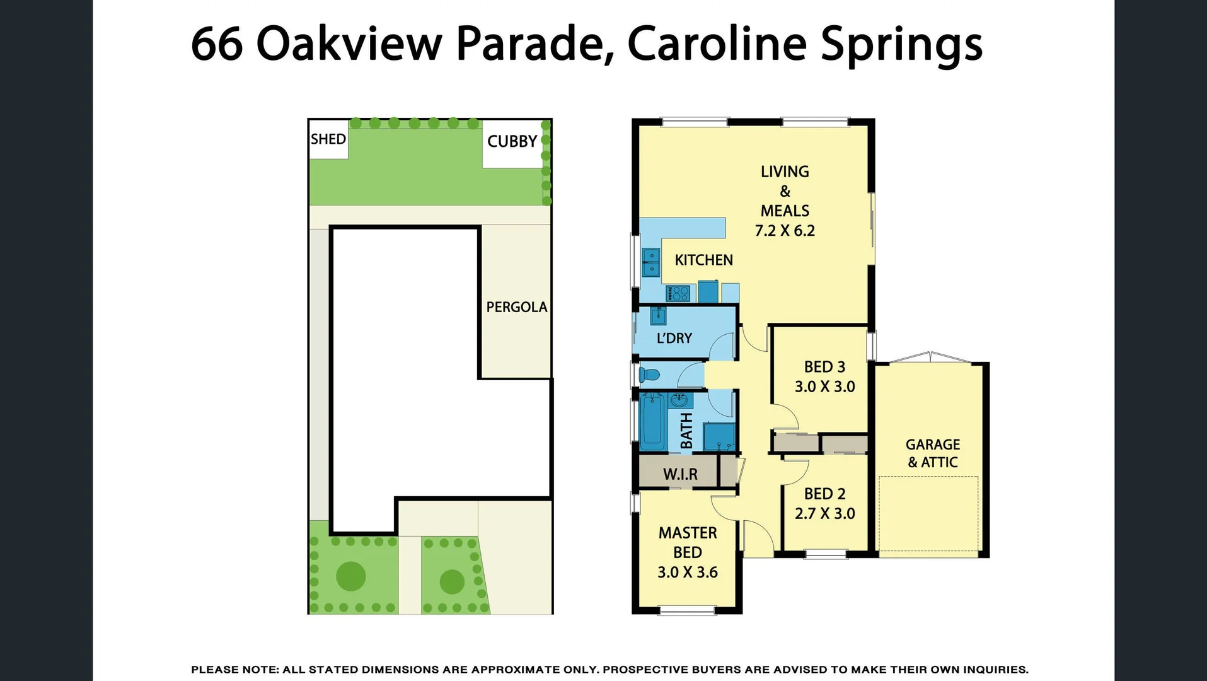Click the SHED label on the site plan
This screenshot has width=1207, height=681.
(328, 139)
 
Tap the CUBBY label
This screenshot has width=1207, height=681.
(512, 141)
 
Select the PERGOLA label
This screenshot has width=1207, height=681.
(516, 307)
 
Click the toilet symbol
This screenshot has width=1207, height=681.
(649, 375)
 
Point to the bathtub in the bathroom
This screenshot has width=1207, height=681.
(652, 421)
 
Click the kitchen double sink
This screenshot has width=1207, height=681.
(650, 262)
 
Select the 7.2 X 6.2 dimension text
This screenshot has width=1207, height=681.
(785, 231)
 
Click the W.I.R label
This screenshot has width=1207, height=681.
(680, 474)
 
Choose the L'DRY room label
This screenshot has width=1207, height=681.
(674, 338)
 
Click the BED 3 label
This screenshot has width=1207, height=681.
(824, 367)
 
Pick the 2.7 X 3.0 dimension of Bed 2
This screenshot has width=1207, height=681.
(824, 513)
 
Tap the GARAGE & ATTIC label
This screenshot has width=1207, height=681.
(933, 453)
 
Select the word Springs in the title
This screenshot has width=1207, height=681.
(901, 44)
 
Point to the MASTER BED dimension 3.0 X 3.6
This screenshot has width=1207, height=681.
(687, 572)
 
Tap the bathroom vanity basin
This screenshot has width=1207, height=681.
(679, 400)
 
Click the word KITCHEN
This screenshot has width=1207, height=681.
(703, 260)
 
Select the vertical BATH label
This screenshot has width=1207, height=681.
(686, 431)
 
